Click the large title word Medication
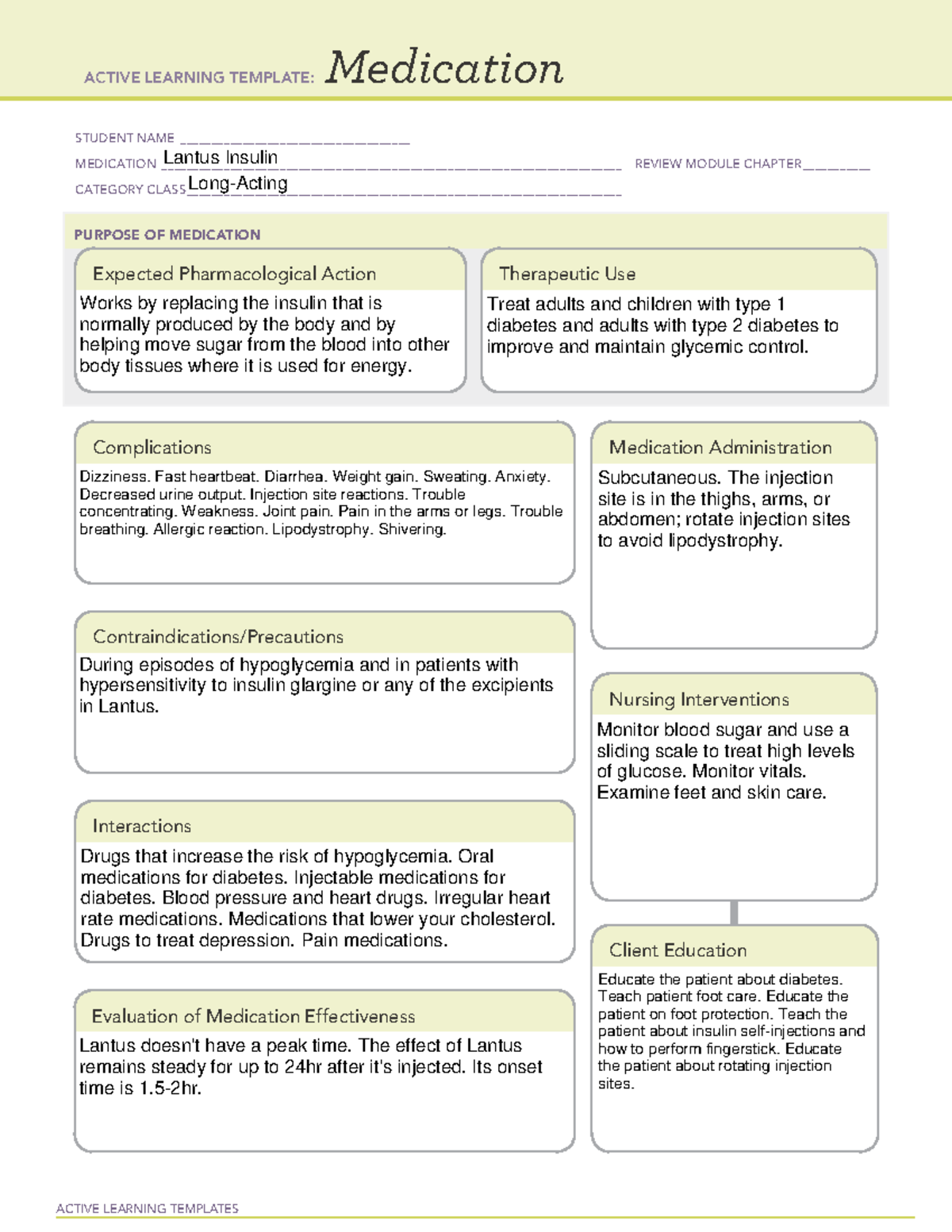pyautogui.click(x=444, y=68)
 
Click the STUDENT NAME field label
pyautogui.click(x=125, y=138)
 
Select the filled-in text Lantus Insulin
pyautogui.click(x=221, y=158)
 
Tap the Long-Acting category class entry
pyautogui.click(x=238, y=184)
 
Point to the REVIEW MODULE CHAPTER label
pyautogui.click(x=718, y=163)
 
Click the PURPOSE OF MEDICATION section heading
pyautogui.click(x=167, y=235)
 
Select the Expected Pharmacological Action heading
pyautogui.click(x=234, y=274)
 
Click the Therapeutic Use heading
pyautogui.click(x=567, y=274)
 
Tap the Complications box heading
pyautogui.click(x=152, y=447)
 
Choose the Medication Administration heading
pyautogui.click(x=720, y=447)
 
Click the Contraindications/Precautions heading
pyautogui.click(x=218, y=636)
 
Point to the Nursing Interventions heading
pyautogui.click(x=699, y=699)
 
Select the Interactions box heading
pyautogui.click(x=141, y=826)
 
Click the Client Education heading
pyautogui.click(x=678, y=950)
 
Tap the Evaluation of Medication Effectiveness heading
pyautogui.click(x=253, y=1016)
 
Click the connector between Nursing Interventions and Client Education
pyautogui.click(x=734, y=912)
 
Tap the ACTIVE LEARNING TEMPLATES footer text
pyautogui.click(x=148, y=1208)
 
